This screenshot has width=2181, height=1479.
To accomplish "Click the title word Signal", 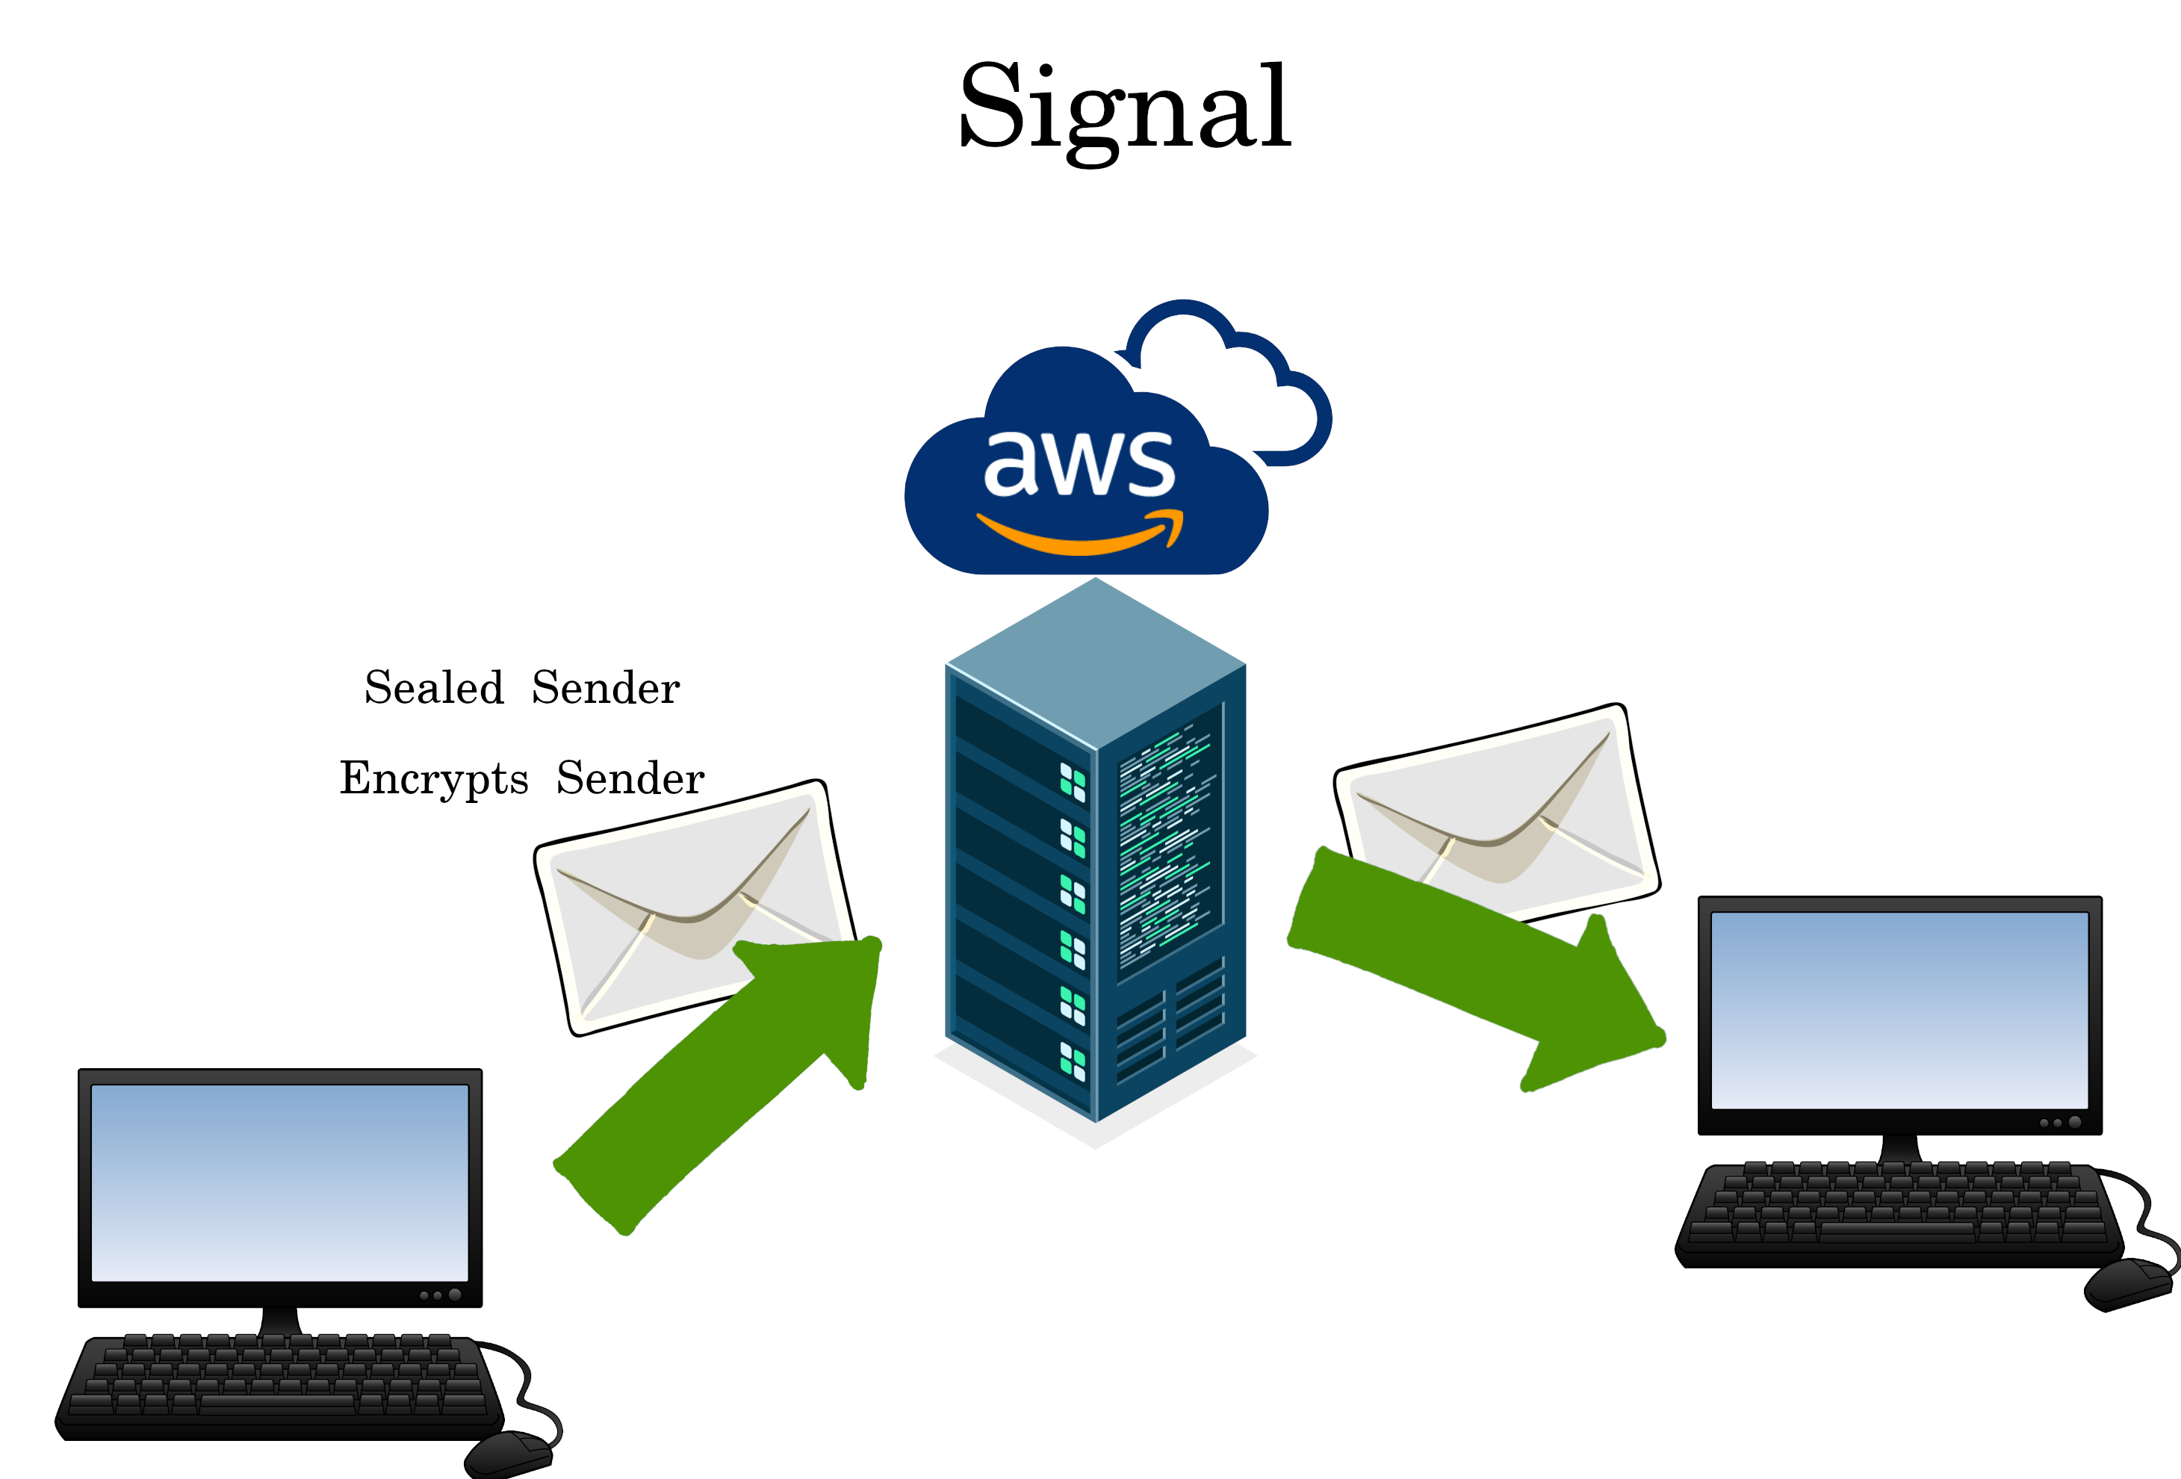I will click(1124, 108).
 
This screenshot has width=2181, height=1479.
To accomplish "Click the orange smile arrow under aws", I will click(1079, 535).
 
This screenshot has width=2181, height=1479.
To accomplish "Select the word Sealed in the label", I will click(433, 688).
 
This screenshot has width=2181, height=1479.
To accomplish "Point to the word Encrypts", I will click(433, 779).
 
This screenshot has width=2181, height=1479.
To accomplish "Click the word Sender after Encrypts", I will click(630, 779).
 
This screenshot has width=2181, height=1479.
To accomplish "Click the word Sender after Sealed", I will click(605, 688).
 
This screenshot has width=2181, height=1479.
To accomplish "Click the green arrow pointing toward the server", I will click(732, 1079).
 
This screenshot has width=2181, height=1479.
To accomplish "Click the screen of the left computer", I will click(279, 1182).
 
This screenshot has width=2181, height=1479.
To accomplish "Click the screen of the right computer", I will click(1899, 1009).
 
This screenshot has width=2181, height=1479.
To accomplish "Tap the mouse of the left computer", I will click(506, 1454).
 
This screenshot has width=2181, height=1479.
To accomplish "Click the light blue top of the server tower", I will click(1095, 662).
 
